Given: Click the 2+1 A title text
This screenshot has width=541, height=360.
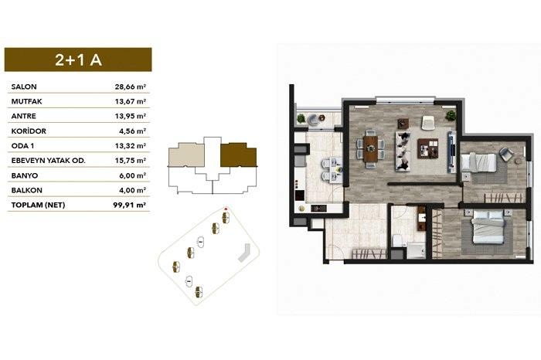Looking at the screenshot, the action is click(78, 60).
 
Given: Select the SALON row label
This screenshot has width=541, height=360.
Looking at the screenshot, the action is click(24, 87).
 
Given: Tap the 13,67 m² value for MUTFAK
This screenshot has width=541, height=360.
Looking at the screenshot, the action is click(131, 101).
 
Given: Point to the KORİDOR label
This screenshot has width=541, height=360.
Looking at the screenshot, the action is click(29, 131).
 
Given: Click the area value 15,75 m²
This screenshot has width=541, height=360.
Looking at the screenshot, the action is click(131, 161).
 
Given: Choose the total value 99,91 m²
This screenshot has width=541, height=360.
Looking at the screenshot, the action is click(130, 205).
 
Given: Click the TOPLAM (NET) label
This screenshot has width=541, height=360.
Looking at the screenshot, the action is click(38, 205).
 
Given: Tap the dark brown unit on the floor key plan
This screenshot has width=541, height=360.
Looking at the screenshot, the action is click(238, 155).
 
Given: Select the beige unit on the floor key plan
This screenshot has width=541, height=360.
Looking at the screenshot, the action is click(185, 155).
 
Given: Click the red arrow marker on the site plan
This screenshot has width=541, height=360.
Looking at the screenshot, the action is click(226, 209).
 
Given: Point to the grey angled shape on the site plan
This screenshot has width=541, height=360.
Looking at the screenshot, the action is click(244, 253).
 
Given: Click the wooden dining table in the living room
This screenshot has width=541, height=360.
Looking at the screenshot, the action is click(370, 148).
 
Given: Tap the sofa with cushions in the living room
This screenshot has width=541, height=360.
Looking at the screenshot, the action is click(403, 151).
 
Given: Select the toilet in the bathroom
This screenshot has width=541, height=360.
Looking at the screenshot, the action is click(397, 240).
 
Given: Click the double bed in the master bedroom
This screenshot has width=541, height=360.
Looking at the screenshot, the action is click(488, 227).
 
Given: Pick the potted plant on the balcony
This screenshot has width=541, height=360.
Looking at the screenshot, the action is click(301, 118).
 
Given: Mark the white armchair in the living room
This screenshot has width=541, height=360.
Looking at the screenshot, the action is click(428, 122).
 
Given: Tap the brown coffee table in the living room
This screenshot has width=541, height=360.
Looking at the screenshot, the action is click(428, 148).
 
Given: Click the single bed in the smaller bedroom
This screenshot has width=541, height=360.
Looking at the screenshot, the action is click(479, 163).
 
